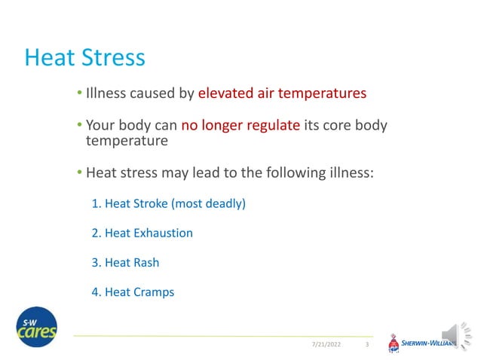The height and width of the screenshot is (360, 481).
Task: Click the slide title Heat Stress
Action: [x=84, y=58]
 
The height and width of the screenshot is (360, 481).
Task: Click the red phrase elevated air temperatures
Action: [x=282, y=94]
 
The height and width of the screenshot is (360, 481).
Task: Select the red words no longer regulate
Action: [x=240, y=125]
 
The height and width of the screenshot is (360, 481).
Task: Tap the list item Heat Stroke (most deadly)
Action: [x=169, y=203]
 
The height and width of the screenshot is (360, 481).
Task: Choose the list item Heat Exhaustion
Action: [x=142, y=233]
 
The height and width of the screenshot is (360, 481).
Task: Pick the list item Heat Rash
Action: [x=125, y=263]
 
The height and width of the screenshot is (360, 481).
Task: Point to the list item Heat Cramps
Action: [x=133, y=292]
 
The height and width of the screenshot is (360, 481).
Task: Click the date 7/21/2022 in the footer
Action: [x=326, y=345]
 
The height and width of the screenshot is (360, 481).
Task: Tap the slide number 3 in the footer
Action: [x=366, y=345]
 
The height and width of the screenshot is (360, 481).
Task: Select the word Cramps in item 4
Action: [x=155, y=292]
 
